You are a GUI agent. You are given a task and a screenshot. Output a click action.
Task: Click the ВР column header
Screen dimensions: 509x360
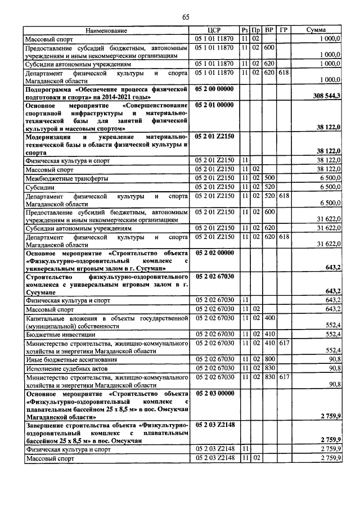269,30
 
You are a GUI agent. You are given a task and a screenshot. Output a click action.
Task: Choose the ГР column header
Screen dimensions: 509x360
284,30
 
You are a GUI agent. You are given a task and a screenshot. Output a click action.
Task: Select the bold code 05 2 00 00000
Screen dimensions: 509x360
215,89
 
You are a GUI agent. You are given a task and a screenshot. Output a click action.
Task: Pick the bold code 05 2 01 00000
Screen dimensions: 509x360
215,105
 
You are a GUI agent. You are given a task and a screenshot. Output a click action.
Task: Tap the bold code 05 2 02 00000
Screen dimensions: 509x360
215,254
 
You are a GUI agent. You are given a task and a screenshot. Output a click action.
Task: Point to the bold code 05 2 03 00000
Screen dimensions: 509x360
215,395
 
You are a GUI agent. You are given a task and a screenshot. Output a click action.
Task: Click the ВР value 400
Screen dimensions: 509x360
269,318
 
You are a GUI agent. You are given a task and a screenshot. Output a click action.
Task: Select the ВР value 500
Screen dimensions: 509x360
269,178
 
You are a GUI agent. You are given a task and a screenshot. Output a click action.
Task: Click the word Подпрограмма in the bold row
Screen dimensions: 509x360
49,89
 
